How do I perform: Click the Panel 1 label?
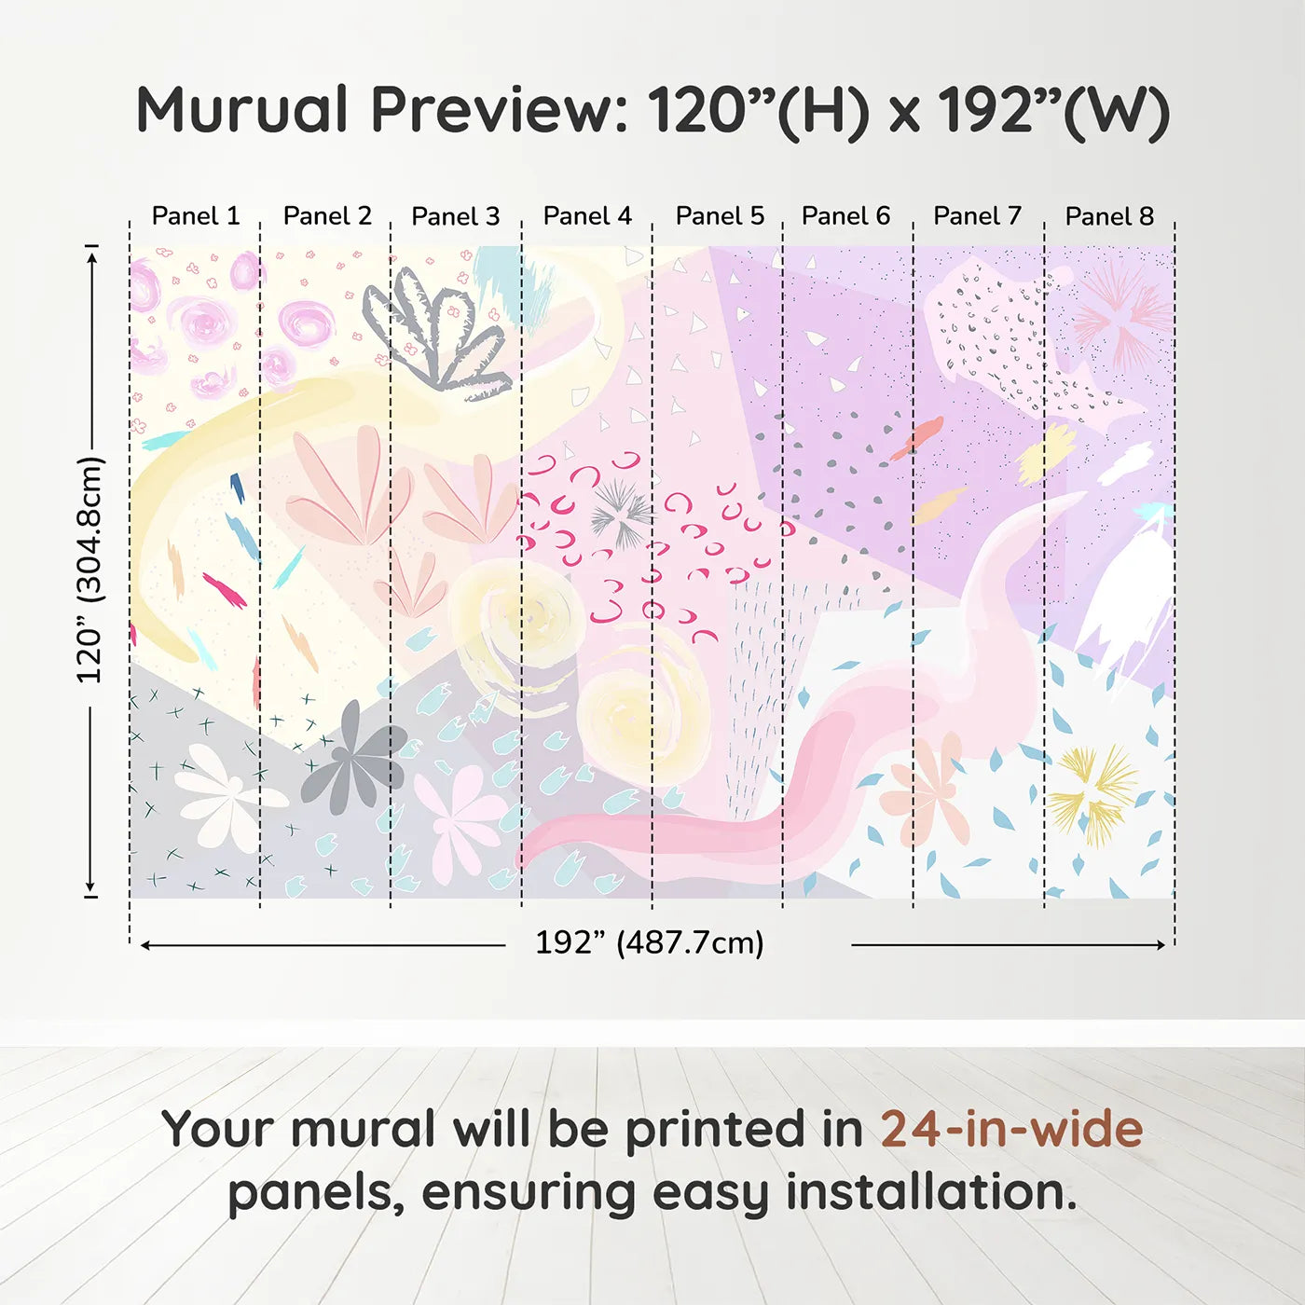(x=196, y=216)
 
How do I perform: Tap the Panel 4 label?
(x=587, y=216)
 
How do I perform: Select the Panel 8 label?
(x=1109, y=216)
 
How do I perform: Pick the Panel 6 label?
(x=845, y=216)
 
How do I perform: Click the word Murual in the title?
(x=242, y=110)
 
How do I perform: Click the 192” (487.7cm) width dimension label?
(x=649, y=942)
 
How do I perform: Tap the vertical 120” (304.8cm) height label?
(x=89, y=570)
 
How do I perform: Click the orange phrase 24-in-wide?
(x=1011, y=1129)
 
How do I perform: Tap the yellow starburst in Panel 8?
(x=1093, y=791)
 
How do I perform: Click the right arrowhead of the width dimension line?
(x=1160, y=945)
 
